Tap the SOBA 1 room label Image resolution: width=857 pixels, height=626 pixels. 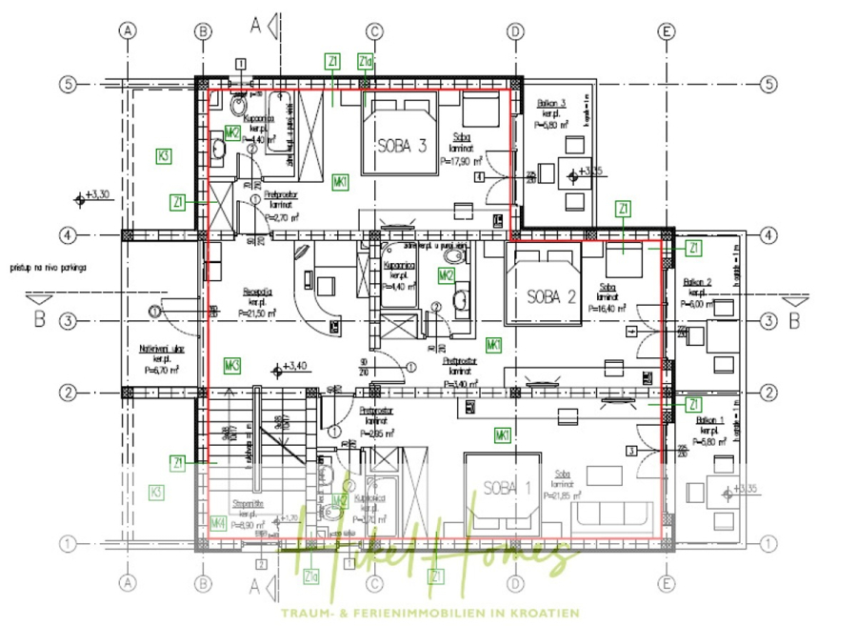pos(507,488)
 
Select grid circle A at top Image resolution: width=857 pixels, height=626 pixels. pos(127,30)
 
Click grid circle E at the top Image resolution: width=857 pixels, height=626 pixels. pos(667,30)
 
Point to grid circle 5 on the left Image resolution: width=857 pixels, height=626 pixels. pos(68,84)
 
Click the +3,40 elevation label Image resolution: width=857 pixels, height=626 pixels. pos(292,365)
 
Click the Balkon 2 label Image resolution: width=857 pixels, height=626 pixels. pos(698,282)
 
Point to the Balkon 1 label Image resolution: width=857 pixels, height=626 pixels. pos(710,420)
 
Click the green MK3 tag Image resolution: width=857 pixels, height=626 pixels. pos(231,364)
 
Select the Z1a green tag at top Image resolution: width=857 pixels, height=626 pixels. pos(365,61)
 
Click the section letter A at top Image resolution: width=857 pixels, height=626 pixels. pos(255,25)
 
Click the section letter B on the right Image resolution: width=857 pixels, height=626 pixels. pos(795,319)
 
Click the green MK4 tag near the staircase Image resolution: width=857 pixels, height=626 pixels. pos(218,521)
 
